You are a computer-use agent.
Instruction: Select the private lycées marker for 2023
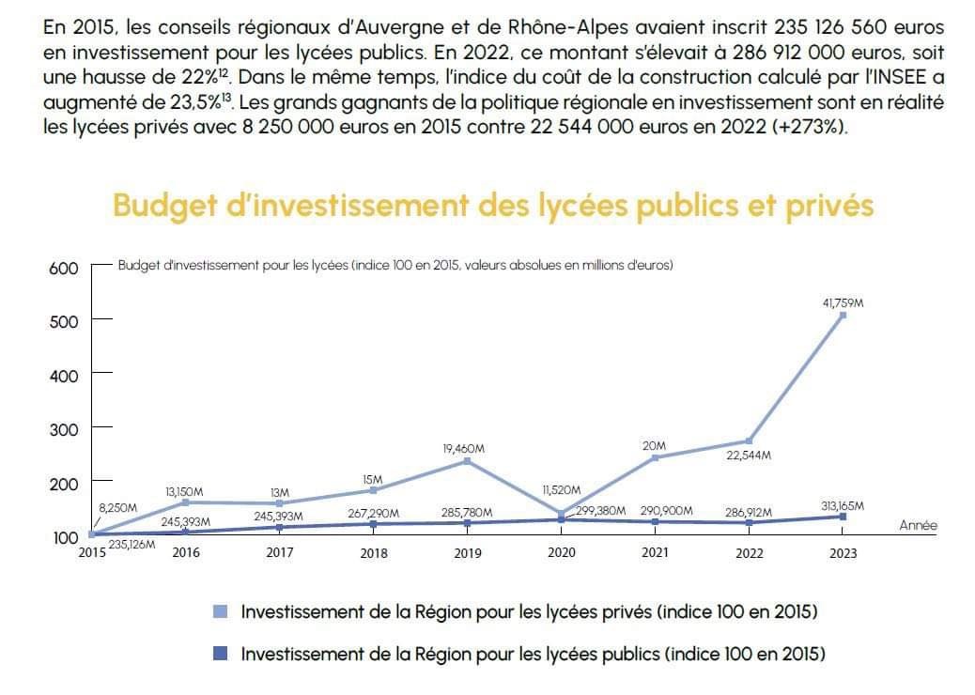pyautogui.click(x=843, y=316)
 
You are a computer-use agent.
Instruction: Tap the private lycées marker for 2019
pyautogui.click(x=468, y=462)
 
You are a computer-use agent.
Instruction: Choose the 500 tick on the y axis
pyautogui.click(x=63, y=320)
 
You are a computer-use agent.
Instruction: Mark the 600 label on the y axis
pyautogui.click(x=63, y=268)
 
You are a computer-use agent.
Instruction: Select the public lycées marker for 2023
pyautogui.click(x=843, y=517)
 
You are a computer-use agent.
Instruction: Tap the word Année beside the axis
pyautogui.click(x=918, y=526)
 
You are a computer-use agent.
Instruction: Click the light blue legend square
pyautogui.click(x=221, y=612)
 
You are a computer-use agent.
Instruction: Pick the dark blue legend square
pyautogui.click(x=221, y=654)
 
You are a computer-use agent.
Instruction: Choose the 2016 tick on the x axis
pyautogui.click(x=186, y=553)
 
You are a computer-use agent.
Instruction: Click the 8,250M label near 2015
pyautogui.click(x=118, y=508)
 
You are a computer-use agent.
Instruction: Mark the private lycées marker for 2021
pyautogui.click(x=655, y=457)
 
